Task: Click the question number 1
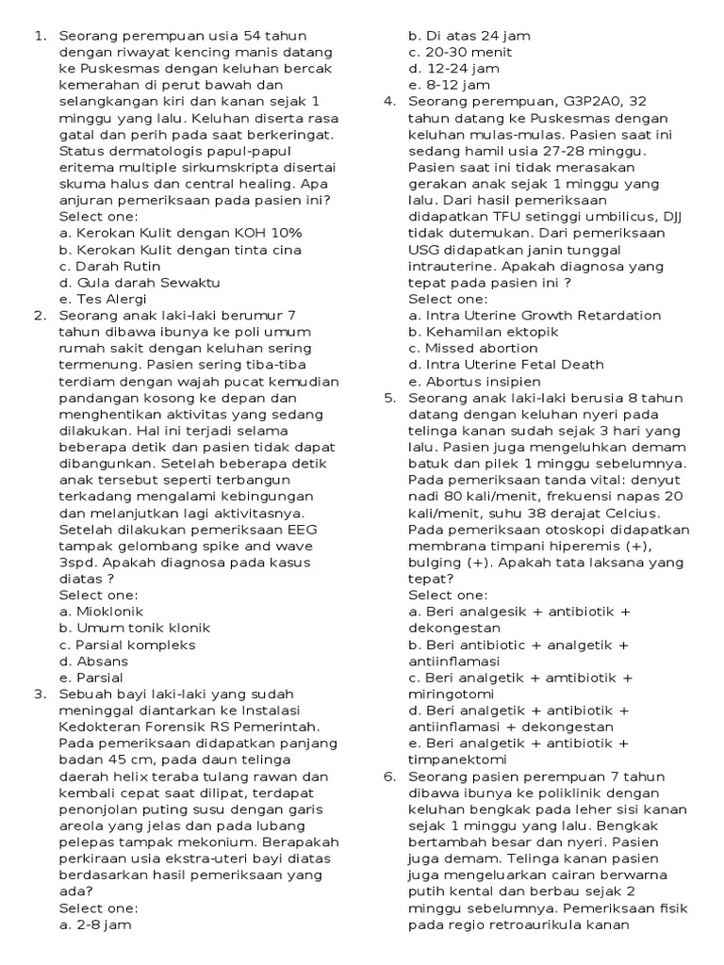(x=40, y=36)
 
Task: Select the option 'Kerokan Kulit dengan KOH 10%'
(x=180, y=233)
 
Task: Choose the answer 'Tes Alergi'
(x=100, y=299)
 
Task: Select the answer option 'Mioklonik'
(x=99, y=612)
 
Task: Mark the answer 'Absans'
(x=90, y=661)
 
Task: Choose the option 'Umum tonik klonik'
(x=134, y=628)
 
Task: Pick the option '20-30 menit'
(x=454, y=53)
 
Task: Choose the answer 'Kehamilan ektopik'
(x=484, y=332)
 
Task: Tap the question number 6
(x=389, y=777)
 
